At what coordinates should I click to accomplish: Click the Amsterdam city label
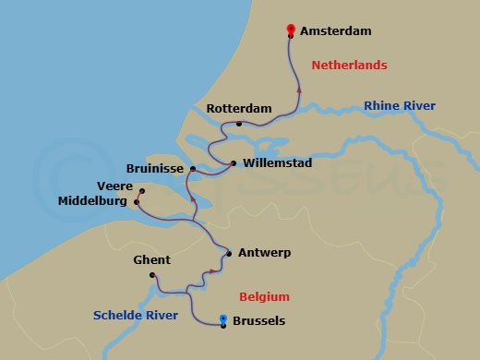pos(336,31)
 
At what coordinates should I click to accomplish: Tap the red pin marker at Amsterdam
pos(292,30)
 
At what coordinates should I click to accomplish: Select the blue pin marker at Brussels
pos(224,319)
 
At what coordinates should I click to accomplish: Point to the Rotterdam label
pos(239,109)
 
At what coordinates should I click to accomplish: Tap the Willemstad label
pos(277,163)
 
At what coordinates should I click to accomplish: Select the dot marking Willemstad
pos(234,164)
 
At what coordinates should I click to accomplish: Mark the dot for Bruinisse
pos(192,170)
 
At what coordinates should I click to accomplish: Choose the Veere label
pos(115,185)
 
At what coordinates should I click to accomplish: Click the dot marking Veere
pos(141,191)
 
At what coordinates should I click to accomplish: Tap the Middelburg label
pos(94,200)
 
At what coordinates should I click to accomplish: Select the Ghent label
pos(152,260)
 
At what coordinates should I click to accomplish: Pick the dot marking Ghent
pos(153,275)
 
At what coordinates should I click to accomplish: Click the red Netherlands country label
pos(349,66)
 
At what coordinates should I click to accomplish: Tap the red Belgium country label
pos(264,297)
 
